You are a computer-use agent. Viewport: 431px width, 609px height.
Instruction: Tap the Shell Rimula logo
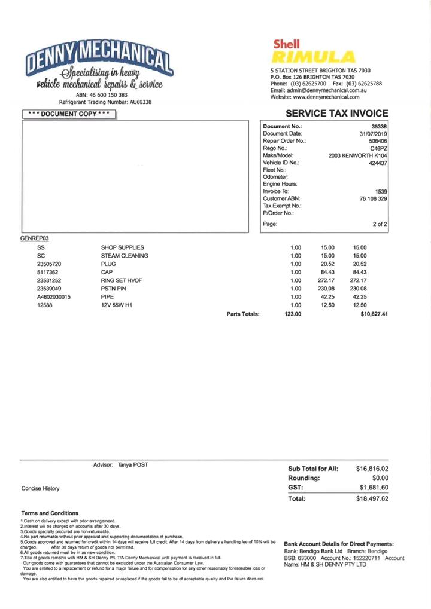tap(313, 52)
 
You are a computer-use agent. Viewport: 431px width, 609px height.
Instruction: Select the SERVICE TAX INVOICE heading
tap(336, 114)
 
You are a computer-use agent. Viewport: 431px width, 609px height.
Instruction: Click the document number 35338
tap(379, 127)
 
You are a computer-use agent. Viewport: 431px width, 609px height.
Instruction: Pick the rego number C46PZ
tap(378, 148)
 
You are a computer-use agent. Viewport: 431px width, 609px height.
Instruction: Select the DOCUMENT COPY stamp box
tap(66, 114)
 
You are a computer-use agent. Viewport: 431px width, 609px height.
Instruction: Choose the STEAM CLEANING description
tap(125, 256)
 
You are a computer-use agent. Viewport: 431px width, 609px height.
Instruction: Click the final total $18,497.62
tap(372, 498)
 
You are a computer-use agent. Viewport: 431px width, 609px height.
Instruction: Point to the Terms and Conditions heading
tap(50, 513)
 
